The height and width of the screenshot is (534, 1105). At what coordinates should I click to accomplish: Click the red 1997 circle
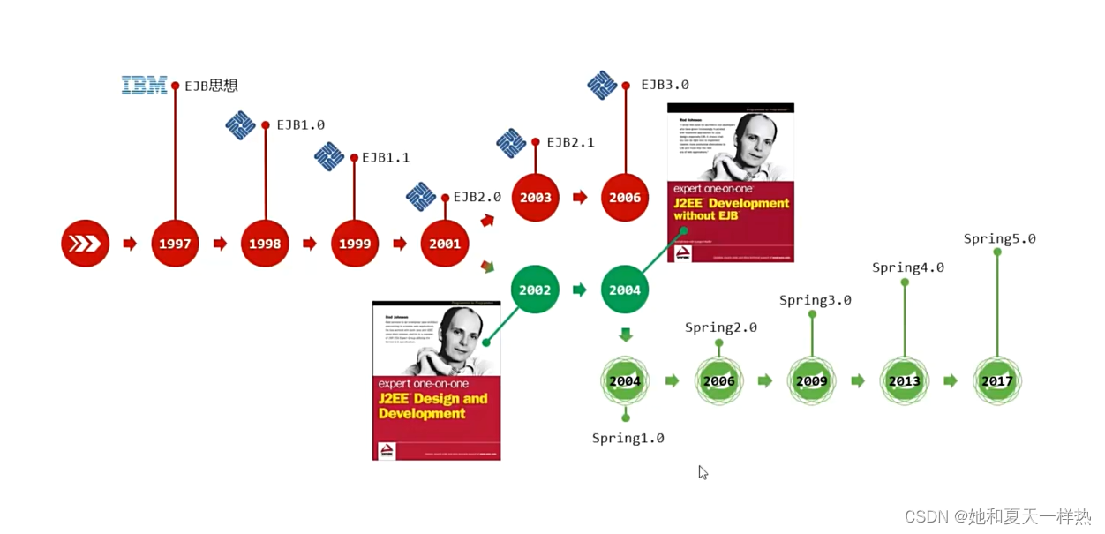pyautogui.click(x=175, y=243)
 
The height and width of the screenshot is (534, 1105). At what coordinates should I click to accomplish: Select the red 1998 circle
pyautogui.click(x=265, y=243)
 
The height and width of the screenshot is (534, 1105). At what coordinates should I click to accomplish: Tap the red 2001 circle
pyautogui.click(x=445, y=243)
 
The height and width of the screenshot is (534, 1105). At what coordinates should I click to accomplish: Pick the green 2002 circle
pyautogui.click(x=535, y=290)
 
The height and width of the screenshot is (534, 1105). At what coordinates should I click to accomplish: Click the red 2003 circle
pyautogui.click(x=535, y=197)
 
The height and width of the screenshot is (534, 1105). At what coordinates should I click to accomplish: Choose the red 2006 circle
pyautogui.click(x=625, y=197)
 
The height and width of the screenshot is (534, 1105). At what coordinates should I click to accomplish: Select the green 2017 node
pyautogui.click(x=997, y=380)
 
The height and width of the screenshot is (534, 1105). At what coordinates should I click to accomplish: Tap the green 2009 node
pyautogui.click(x=811, y=380)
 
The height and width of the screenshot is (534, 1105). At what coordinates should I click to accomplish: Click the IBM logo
pyautogui.click(x=144, y=86)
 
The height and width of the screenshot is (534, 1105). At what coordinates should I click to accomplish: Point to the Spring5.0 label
pyautogui.click(x=999, y=238)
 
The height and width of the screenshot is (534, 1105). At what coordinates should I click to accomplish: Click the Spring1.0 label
pyautogui.click(x=628, y=438)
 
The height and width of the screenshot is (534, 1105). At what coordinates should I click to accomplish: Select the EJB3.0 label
pyautogui.click(x=665, y=85)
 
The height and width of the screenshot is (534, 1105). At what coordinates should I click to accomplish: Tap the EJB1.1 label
pyautogui.click(x=386, y=157)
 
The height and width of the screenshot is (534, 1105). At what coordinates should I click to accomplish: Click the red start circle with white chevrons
pyautogui.click(x=85, y=243)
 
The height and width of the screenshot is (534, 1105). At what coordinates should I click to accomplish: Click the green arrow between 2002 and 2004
pyautogui.click(x=580, y=290)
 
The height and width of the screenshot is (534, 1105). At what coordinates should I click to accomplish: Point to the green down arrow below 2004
pyautogui.click(x=625, y=335)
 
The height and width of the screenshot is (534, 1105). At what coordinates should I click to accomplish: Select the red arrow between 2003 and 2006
pyautogui.click(x=580, y=197)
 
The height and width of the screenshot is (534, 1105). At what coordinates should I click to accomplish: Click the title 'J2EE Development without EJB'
pyautogui.click(x=731, y=209)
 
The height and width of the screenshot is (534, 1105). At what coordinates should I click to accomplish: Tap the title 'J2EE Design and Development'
pyautogui.click(x=432, y=406)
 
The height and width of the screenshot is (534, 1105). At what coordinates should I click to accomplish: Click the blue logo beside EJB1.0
pyautogui.click(x=240, y=125)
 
